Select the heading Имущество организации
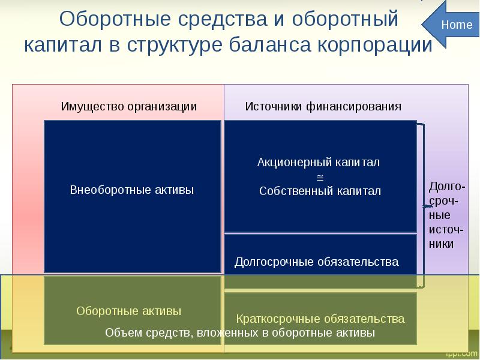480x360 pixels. [x=129, y=106]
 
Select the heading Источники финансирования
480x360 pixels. [x=323, y=106]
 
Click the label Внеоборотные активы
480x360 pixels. [x=132, y=190]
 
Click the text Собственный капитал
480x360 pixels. [x=320, y=191]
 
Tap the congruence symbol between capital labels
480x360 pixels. [x=319, y=177]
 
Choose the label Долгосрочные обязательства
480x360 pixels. [x=316, y=262]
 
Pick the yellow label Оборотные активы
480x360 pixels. [x=129, y=311]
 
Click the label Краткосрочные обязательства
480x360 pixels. [x=320, y=318]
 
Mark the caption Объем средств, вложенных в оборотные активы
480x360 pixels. [x=240, y=333]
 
